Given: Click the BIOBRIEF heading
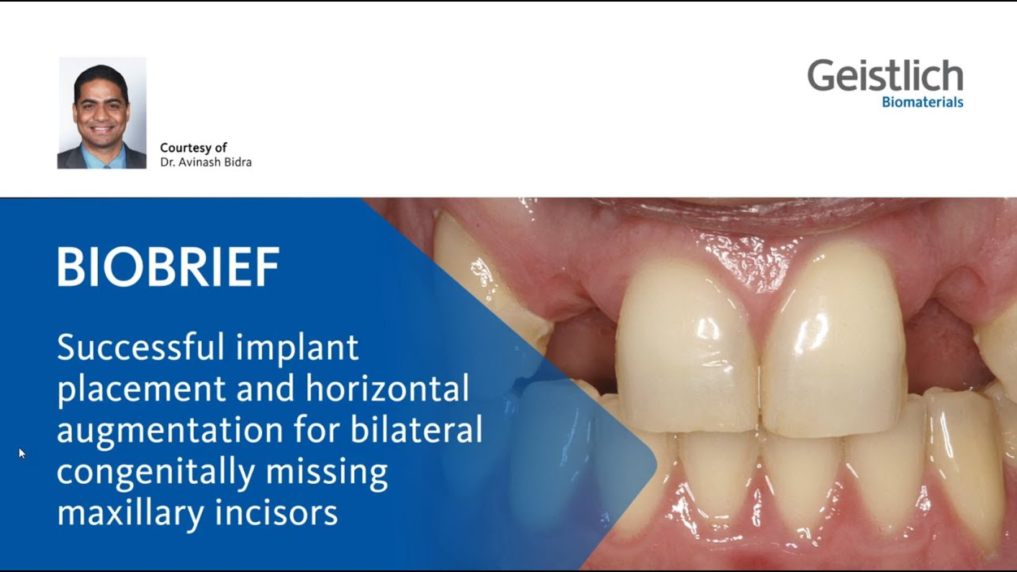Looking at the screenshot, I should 168,267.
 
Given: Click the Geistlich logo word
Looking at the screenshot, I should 885,76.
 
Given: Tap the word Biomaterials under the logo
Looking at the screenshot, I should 922,102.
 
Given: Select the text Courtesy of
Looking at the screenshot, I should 193,148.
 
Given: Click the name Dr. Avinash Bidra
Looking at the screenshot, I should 206,163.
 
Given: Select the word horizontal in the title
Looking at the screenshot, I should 388,388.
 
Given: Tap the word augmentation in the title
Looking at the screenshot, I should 169,431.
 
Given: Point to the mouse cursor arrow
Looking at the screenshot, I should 21,453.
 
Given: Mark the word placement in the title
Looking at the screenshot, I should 141,390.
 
